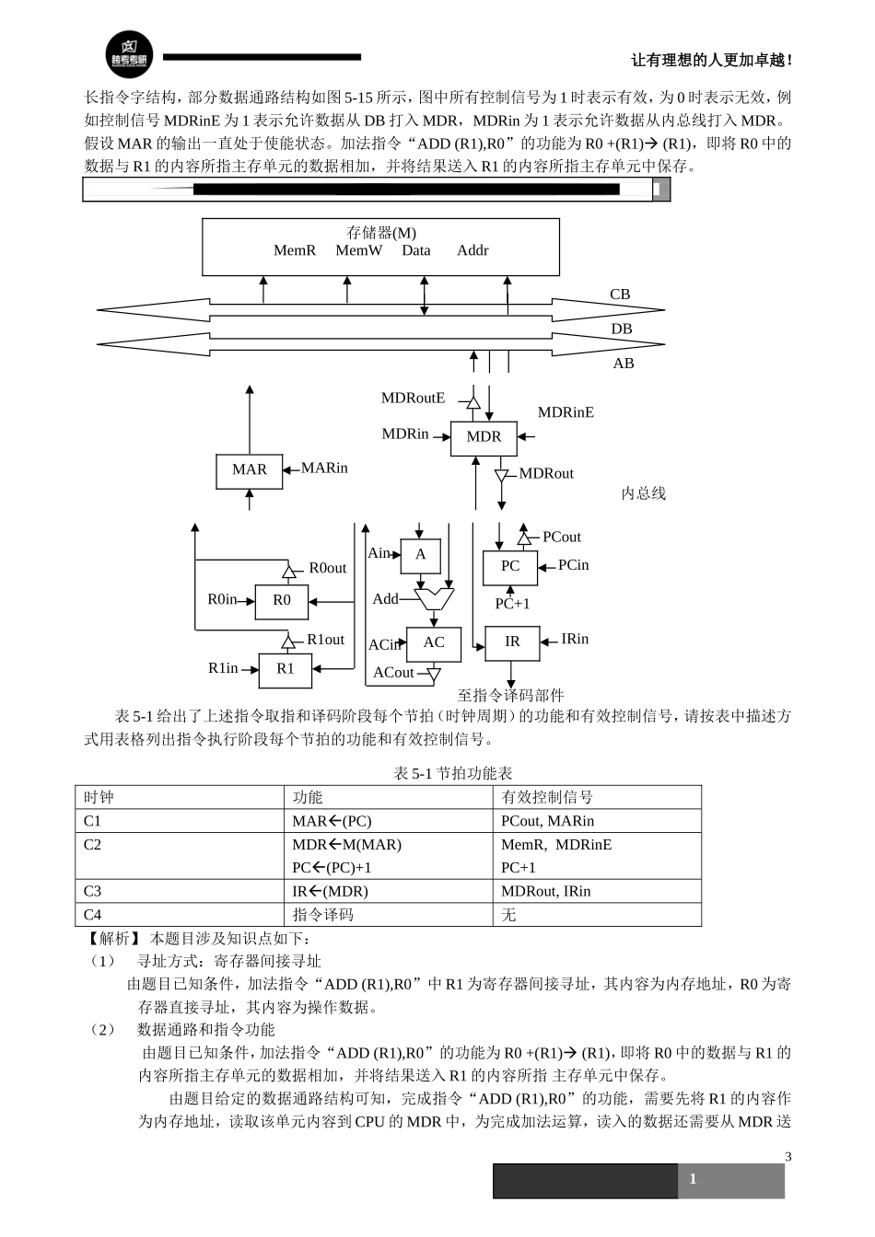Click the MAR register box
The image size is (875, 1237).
click(249, 470)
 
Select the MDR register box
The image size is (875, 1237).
click(484, 437)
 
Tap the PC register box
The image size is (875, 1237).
click(510, 567)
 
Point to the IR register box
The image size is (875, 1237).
click(512, 642)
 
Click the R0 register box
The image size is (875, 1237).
click(281, 600)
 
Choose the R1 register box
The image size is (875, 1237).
click(286, 669)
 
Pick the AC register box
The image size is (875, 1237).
click(434, 643)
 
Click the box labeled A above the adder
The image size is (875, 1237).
click(421, 555)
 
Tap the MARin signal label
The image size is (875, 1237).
click(324, 468)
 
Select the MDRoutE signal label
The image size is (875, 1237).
click(413, 399)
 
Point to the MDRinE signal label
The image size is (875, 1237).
click(566, 412)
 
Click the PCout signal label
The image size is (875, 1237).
click(562, 538)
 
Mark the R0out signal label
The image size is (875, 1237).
click(327, 568)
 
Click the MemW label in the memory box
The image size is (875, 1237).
click(358, 250)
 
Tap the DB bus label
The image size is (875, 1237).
click(622, 329)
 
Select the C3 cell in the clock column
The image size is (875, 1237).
click(93, 891)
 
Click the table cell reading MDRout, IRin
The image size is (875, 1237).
click(546, 891)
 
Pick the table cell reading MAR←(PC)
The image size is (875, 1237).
click(332, 821)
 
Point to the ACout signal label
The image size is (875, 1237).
click(393, 673)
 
